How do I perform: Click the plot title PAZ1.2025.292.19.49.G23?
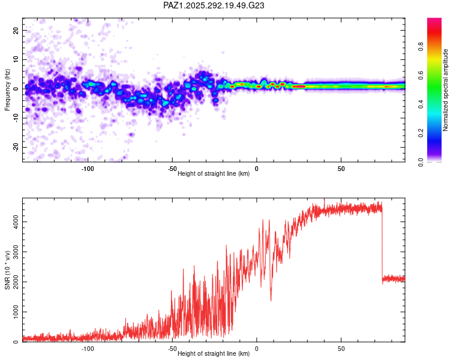point(214,5)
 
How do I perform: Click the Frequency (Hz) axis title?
point(7,90)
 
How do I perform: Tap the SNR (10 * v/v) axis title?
point(7,270)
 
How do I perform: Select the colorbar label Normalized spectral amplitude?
point(445,90)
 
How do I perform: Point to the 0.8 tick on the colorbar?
point(421,46)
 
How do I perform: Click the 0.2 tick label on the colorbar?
point(421,133)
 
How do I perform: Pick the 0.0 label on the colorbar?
point(421,162)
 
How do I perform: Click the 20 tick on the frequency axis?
point(16,30)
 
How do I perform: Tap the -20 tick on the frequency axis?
point(16,148)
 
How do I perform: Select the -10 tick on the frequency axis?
point(16,118)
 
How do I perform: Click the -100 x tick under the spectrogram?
point(88,169)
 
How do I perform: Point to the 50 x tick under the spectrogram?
point(341,169)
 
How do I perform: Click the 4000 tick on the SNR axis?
point(16,221)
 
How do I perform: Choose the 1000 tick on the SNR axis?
point(16,312)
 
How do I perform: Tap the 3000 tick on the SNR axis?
point(16,252)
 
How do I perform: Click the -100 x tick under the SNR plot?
point(88,349)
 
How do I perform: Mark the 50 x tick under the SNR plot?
point(341,349)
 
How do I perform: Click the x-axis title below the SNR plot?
point(214,353)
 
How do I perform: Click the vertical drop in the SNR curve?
point(382,244)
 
